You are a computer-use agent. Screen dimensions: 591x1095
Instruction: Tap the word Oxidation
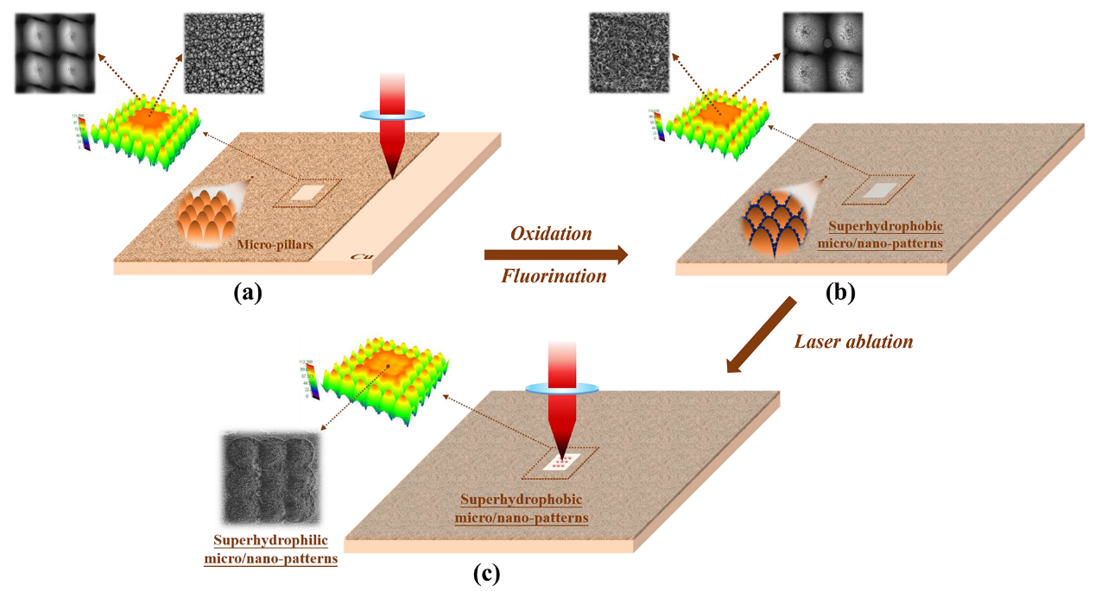pos(551,234)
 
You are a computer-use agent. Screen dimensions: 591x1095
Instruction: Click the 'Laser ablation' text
pos(852,341)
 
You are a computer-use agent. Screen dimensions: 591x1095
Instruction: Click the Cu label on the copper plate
pos(360,257)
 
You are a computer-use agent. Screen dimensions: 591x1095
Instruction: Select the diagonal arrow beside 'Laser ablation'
pos(761,336)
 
